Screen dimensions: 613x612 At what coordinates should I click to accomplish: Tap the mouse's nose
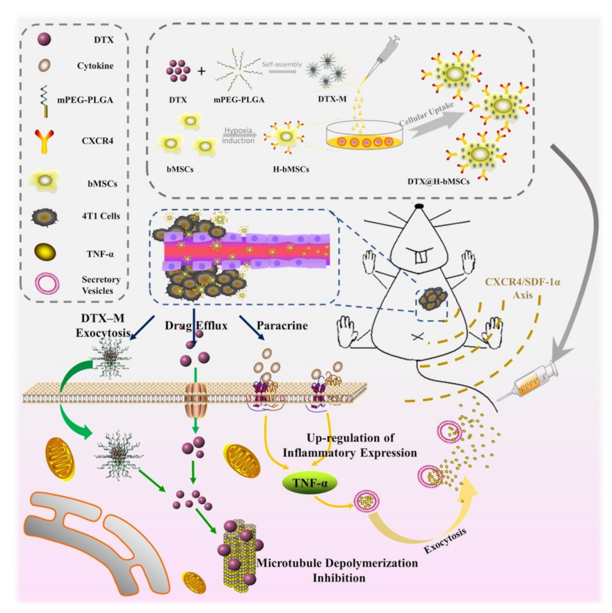[x=420, y=204]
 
